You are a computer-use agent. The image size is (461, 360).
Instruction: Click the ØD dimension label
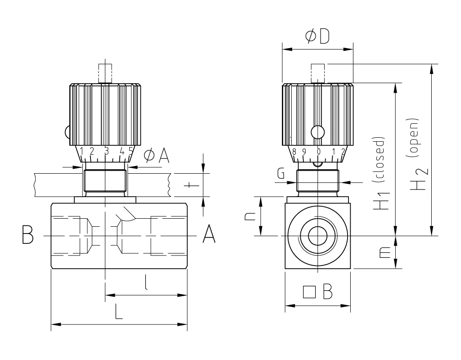point(317,36)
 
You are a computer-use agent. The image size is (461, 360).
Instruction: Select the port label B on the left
point(27,235)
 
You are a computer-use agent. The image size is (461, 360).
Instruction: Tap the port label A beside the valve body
point(208,234)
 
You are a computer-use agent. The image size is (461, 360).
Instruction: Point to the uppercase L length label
point(118,311)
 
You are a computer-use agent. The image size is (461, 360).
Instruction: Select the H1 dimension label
point(382,201)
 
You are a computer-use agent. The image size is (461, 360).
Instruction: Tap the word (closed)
point(380,160)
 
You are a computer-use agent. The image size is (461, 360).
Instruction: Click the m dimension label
point(384,254)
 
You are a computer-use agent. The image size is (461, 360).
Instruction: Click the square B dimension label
point(318,292)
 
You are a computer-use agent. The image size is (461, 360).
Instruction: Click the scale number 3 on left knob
point(106,151)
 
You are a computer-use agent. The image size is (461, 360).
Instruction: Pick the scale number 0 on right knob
point(318,152)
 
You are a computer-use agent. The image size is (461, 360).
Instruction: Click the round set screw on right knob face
point(318,132)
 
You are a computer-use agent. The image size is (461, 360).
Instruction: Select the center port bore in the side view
point(318,235)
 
